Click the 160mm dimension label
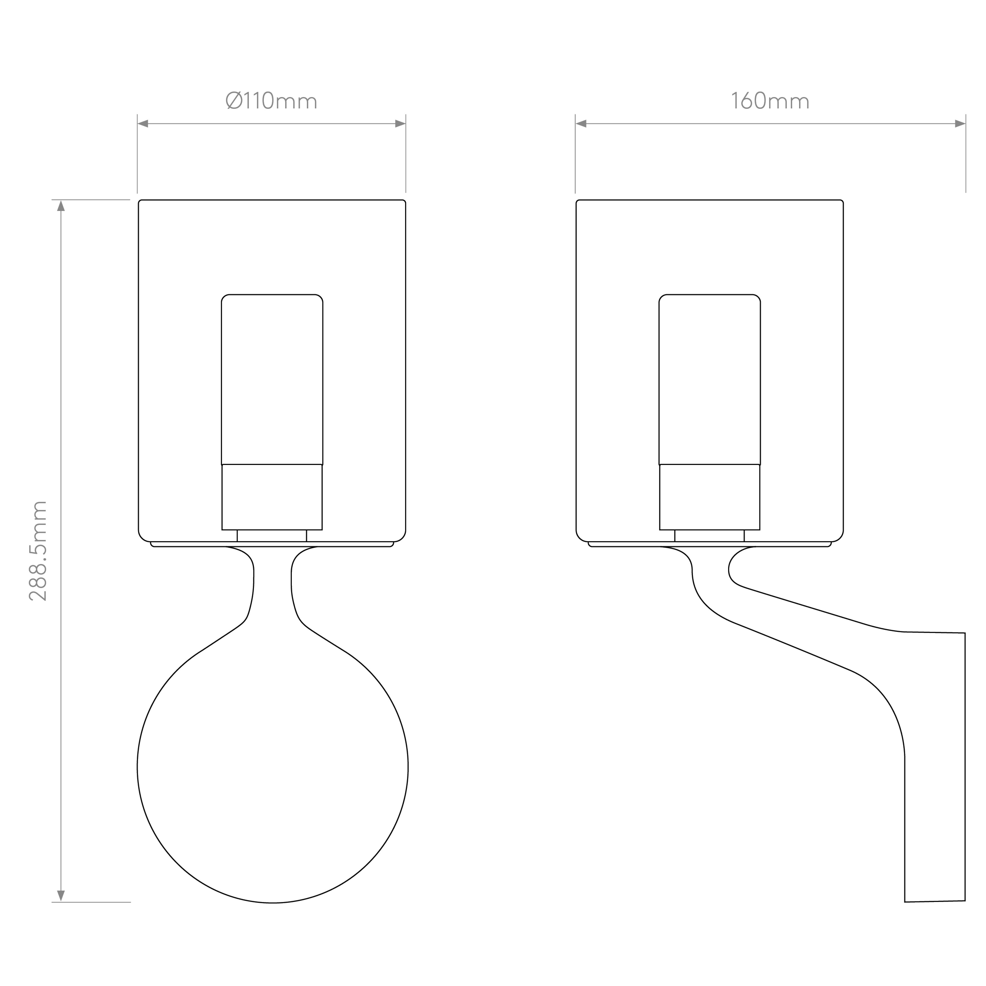[x=770, y=101]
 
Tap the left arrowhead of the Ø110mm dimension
[x=143, y=123]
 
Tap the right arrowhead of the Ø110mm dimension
[x=400, y=123]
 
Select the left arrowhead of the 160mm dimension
[x=581, y=123]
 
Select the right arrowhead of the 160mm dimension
[x=960, y=123]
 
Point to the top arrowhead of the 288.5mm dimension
[x=61, y=206]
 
